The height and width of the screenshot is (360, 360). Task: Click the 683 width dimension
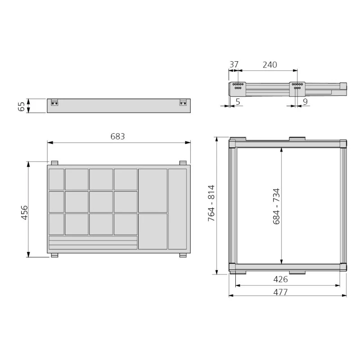118,136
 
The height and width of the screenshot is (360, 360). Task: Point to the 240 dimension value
270,65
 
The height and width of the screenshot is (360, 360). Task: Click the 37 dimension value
234,65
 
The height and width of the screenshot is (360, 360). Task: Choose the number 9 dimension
305,102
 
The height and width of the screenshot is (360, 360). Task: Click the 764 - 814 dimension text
211,206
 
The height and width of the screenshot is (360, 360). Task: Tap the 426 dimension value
280,279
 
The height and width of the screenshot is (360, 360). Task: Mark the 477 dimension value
280,292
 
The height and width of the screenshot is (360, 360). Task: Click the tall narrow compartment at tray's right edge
177,209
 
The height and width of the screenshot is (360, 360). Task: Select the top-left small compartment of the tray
56,179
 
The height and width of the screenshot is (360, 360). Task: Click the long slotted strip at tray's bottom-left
93,243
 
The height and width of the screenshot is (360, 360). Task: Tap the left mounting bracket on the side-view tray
54,103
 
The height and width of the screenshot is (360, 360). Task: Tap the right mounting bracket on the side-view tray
183,103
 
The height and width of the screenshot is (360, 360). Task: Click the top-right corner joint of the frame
343,144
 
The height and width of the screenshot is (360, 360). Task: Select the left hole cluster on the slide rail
238,86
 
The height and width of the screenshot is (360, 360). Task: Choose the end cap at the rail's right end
344,86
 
